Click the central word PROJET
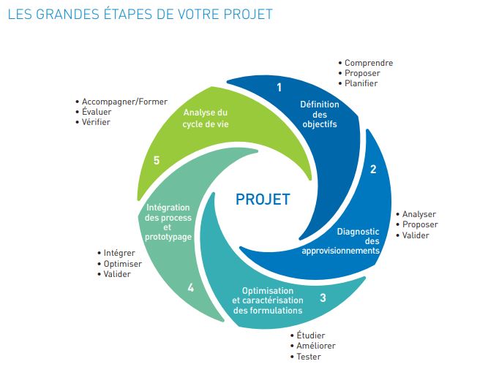tap(263, 200)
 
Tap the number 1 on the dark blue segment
tap(279, 87)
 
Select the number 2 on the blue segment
tap(373, 169)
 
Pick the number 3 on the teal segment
tap(323, 297)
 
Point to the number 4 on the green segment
tap(191, 288)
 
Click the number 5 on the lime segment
tap(157, 160)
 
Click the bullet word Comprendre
tap(369, 63)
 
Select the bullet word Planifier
tap(361, 83)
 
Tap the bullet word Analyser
tap(419, 214)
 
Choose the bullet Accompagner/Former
tap(124, 102)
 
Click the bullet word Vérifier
tap(96, 122)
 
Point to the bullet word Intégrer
tap(119, 253)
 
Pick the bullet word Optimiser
tap(123, 264)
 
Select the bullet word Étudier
tap(311, 335)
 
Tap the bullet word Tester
tap(309, 357)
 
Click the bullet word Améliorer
tap(316, 346)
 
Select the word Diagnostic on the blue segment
tap(358, 232)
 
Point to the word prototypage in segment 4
tap(168, 237)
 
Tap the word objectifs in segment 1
tap(320, 124)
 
